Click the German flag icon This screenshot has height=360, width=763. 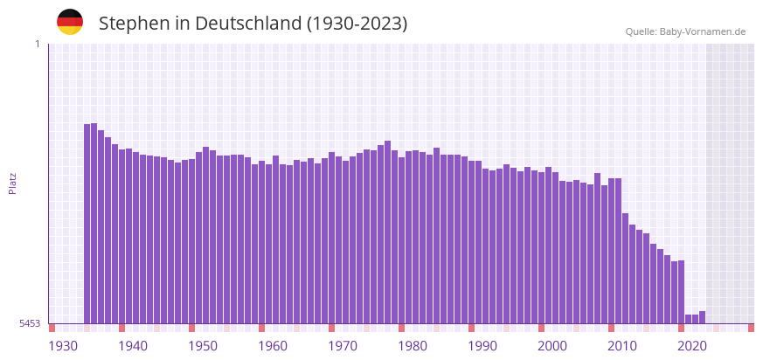70,22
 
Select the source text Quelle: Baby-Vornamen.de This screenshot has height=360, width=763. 685,31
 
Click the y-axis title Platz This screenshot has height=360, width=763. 13,183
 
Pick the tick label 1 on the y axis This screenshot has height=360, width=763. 37,44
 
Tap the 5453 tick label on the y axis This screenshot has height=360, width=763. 30,323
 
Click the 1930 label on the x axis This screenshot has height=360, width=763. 63,346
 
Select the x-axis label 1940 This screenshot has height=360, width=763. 133,346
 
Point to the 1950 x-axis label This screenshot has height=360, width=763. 203,346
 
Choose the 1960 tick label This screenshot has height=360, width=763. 273,346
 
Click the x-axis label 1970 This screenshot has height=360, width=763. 343,346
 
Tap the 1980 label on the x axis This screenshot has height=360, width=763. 413,346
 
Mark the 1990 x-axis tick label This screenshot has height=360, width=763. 482,346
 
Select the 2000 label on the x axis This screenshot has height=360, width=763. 552,346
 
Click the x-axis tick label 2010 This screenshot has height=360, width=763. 622,346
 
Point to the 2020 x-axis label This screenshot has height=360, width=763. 692,346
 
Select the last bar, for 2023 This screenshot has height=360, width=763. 702,317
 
